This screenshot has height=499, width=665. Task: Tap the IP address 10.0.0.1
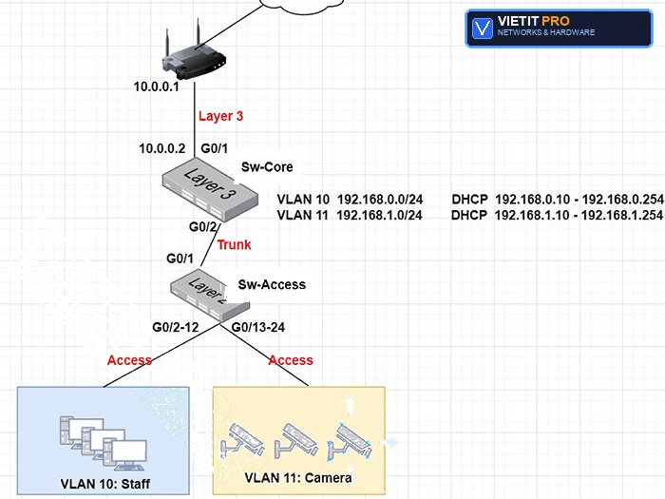tap(157, 86)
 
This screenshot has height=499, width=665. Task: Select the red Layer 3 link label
tap(221, 116)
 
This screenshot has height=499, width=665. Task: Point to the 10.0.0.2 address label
tap(162, 148)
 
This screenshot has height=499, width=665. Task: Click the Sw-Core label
tap(267, 166)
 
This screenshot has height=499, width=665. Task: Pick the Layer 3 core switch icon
tap(210, 189)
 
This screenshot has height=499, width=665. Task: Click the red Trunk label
tap(234, 245)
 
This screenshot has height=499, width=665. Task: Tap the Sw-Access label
tap(272, 284)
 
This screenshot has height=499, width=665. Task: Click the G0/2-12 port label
tap(176, 327)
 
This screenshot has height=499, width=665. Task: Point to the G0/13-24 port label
tap(258, 327)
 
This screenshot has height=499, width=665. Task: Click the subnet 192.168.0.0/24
tap(380, 199)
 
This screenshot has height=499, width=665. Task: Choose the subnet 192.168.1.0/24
tap(380, 215)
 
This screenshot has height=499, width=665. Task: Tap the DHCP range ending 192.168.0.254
tap(579, 199)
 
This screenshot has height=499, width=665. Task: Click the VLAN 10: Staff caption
tap(105, 484)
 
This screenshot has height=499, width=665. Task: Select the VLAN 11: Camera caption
tap(298, 478)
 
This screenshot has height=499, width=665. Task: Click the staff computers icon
tap(103, 444)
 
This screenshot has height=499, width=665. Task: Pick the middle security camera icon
tap(296, 440)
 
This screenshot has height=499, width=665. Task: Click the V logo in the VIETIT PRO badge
tap(483, 28)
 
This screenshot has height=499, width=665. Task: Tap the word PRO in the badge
tap(556, 21)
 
